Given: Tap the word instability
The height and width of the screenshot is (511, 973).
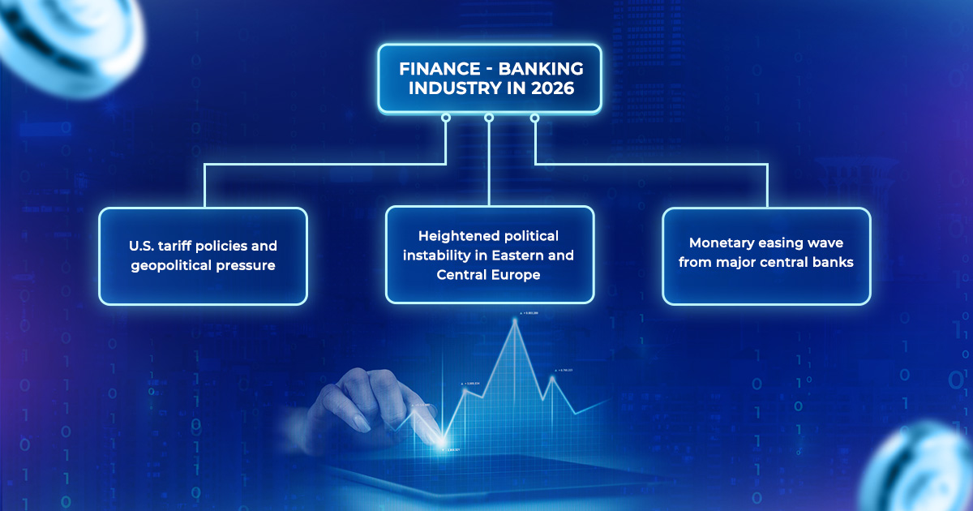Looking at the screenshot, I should tap(454, 255).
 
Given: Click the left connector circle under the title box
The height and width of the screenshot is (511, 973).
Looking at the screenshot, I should tap(444, 118).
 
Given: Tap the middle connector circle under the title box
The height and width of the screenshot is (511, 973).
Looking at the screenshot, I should tap(489, 118).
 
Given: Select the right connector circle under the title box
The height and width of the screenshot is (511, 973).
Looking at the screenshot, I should tap(534, 118).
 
